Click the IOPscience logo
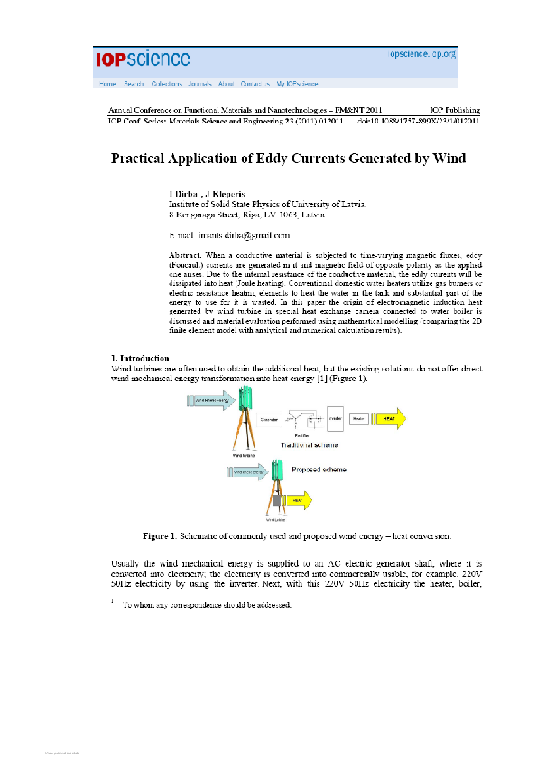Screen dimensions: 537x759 (143, 59)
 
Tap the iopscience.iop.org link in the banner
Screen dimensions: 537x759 (422, 54)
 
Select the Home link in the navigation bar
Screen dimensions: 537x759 (107, 83)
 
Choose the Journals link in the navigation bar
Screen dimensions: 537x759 (199, 83)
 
